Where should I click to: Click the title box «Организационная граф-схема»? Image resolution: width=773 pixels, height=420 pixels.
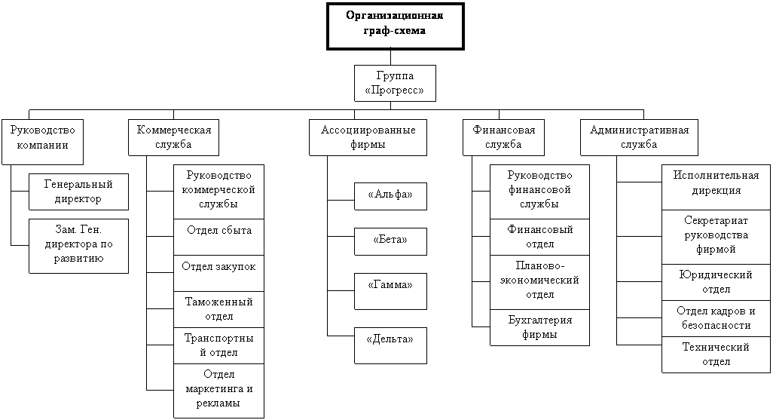[x=395, y=26]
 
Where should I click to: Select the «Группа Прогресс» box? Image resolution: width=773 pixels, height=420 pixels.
[x=394, y=83]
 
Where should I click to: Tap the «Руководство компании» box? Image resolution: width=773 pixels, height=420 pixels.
[x=42, y=141]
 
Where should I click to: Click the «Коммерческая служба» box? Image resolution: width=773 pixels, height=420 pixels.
[x=173, y=137]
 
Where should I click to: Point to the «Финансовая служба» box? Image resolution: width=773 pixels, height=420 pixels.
[x=504, y=137]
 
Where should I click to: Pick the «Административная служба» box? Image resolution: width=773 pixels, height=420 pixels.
[x=639, y=137]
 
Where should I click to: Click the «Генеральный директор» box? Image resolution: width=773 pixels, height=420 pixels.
[x=78, y=192]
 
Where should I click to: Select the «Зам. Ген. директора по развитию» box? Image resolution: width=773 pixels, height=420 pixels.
[x=78, y=246]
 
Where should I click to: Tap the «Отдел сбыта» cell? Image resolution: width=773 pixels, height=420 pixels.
[x=218, y=237]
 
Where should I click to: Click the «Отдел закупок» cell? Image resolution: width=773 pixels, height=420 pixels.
[x=218, y=273]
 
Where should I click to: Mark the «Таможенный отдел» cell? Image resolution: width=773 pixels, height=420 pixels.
[x=218, y=309]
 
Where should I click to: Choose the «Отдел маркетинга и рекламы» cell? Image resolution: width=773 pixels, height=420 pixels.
[x=218, y=390]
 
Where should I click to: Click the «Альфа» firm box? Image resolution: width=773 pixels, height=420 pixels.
[x=390, y=196]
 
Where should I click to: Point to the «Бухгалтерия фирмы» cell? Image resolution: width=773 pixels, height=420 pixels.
[x=539, y=327]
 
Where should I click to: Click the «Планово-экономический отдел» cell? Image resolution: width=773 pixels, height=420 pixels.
[x=539, y=282]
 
